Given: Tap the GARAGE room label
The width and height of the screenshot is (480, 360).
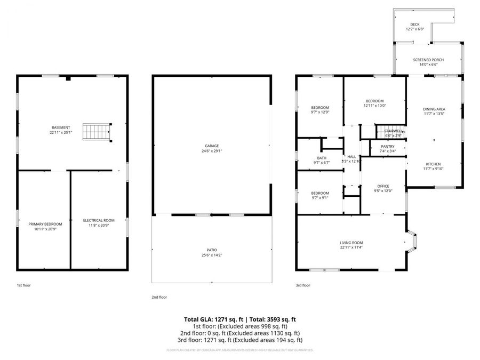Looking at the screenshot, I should click(x=212, y=146).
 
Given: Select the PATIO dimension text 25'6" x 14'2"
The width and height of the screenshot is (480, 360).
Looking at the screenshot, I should click(x=212, y=255).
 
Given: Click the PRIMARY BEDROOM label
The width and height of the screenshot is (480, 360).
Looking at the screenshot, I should click(x=45, y=223).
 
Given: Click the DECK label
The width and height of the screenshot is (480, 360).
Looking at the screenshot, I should click(x=414, y=25).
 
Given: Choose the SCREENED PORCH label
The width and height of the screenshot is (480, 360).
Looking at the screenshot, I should click(x=428, y=60).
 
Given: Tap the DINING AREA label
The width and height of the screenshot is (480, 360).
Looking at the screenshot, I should click(x=434, y=108).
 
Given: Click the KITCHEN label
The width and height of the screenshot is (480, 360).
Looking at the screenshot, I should click(x=433, y=164).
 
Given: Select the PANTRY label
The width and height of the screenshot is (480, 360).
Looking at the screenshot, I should click(x=388, y=147).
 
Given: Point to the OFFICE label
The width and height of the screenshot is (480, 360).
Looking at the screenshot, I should click(x=383, y=186).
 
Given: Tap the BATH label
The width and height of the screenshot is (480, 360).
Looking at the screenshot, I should click(x=321, y=158).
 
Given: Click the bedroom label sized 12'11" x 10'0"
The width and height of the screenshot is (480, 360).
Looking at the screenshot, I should click(x=374, y=101).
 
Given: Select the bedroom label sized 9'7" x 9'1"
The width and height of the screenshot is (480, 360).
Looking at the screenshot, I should click(x=320, y=193).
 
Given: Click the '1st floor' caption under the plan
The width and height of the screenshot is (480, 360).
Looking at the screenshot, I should click(x=23, y=285).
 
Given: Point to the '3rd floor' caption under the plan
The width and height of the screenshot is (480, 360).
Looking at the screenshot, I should click(x=302, y=285).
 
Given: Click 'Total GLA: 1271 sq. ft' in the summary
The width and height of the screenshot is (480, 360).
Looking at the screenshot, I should click(x=211, y=319).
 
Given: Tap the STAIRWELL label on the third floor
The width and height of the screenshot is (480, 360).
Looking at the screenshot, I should click(x=390, y=131).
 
